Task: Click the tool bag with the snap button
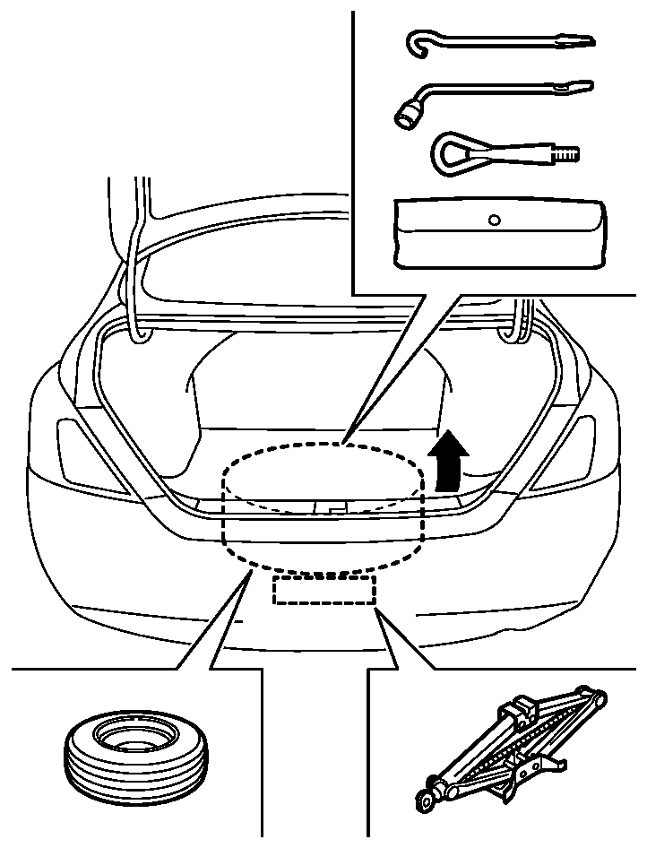coord(500,233)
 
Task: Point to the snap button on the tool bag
coord(495,218)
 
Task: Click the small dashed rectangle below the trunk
coord(323,590)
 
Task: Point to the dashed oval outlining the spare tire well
coord(225,520)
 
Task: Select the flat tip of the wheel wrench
coord(581,88)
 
